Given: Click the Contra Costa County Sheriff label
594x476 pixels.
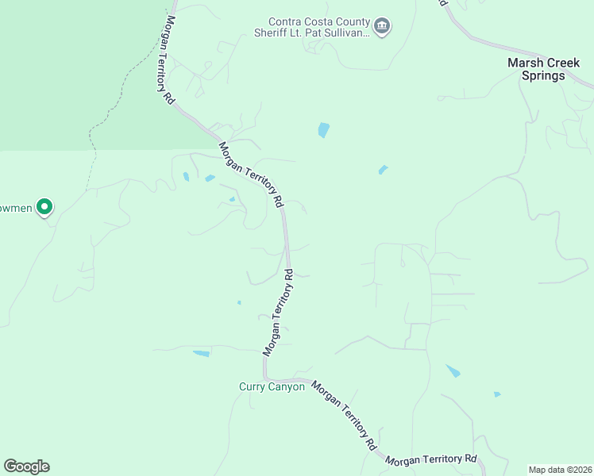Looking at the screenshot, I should point(319,27).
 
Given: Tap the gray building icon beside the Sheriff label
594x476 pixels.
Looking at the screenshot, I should point(382,27).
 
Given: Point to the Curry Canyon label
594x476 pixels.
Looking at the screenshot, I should point(272,387).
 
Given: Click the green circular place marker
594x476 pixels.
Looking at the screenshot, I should point(45,208).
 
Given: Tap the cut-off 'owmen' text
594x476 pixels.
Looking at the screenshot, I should point(17,208).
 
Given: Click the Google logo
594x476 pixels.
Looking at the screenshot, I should point(26,466).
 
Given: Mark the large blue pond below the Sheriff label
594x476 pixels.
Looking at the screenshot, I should point(323,129).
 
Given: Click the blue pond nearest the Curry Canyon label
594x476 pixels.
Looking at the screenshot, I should point(202,353).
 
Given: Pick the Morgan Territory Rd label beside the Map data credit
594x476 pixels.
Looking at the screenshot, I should point(430,459).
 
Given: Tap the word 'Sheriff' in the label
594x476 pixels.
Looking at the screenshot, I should point(287,33).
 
